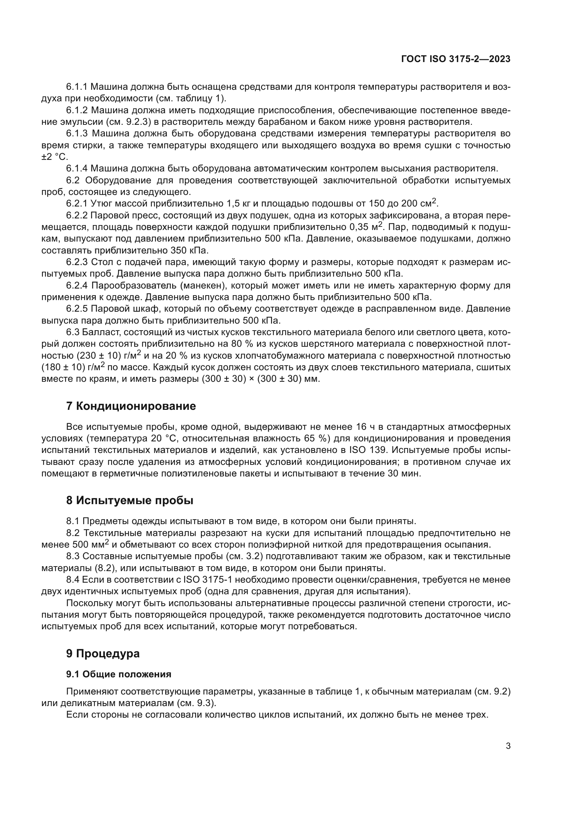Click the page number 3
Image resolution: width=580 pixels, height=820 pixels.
pyautogui.click(x=508, y=746)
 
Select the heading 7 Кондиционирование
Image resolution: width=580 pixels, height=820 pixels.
pyautogui.click(x=131, y=406)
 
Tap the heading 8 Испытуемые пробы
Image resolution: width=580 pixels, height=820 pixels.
pyautogui.click(x=130, y=500)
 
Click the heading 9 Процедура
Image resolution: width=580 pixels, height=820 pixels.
pyautogui.click(x=103, y=653)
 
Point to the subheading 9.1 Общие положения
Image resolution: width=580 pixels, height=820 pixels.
pyautogui.click(x=119, y=674)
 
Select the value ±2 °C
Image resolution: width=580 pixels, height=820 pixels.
pyautogui.click(x=55, y=157)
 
